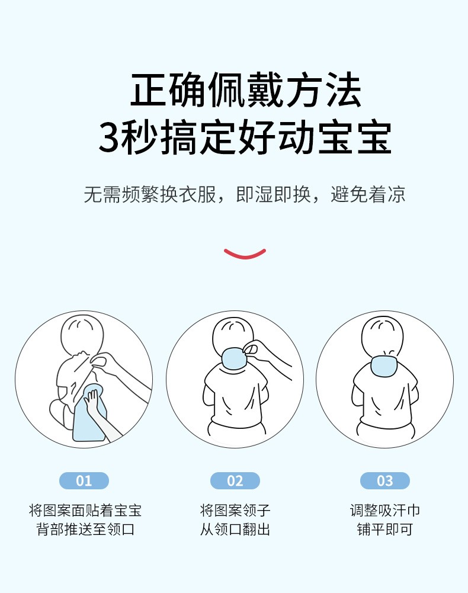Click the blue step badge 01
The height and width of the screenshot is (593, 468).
tap(84, 480)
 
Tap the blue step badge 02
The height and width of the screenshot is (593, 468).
tap(235, 480)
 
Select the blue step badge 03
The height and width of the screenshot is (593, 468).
tap(384, 480)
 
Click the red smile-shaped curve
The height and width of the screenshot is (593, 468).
tap(245, 255)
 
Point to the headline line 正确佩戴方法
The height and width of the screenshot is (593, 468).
tap(246, 90)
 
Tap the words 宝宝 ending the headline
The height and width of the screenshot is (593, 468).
tap(354, 137)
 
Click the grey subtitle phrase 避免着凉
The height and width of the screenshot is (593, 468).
tap(368, 194)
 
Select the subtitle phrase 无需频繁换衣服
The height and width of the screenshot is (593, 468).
tap(150, 194)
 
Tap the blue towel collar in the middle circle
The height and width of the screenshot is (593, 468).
tap(235, 358)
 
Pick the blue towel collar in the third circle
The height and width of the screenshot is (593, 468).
tap(384, 366)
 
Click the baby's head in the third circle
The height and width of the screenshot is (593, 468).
tap(383, 336)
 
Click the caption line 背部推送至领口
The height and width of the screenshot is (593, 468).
tap(85, 529)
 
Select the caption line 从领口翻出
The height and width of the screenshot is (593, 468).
tap(235, 529)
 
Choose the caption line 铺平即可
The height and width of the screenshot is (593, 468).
tap(384, 529)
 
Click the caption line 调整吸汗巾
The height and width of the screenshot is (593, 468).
tap(384, 511)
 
